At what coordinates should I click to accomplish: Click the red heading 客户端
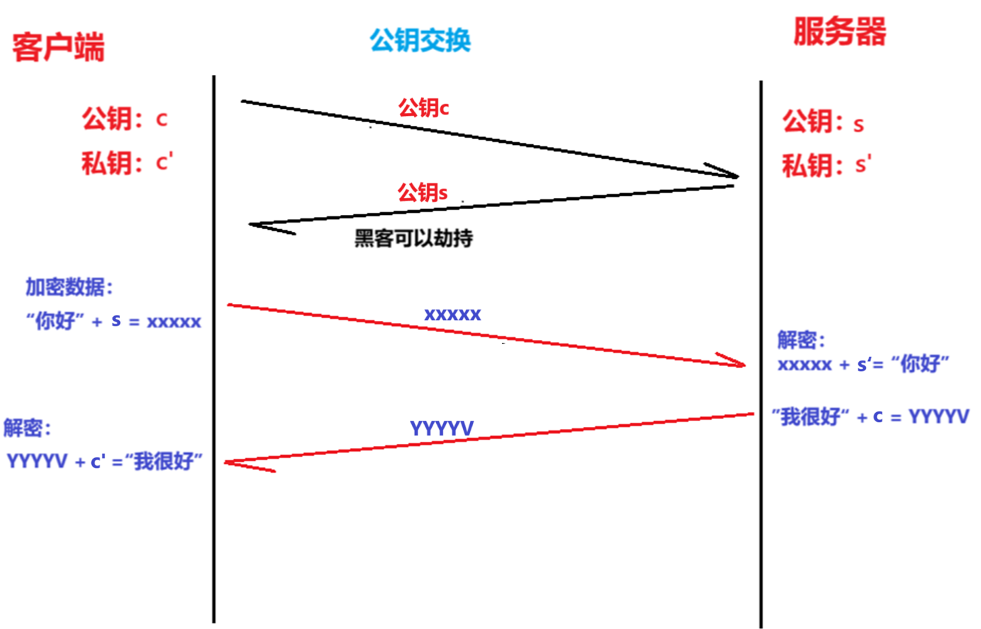pyautogui.click(x=59, y=47)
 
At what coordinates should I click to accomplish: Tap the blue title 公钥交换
pyautogui.click(x=421, y=40)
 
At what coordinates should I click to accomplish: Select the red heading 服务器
pyautogui.click(x=839, y=32)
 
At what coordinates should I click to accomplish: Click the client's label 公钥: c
pyautogui.click(x=125, y=119)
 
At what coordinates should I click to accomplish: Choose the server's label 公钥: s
pyautogui.click(x=823, y=123)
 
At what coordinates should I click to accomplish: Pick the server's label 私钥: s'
pyautogui.click(x=826, y=166)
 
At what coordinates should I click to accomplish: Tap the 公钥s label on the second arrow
pyautogui.click(x=423, y=192)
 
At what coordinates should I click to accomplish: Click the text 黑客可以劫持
pyautogui.click(x=413, y=239)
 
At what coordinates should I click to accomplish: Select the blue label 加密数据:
pyautogui.click(x=69, y=287)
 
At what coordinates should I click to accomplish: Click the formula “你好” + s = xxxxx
pyautogui.click(x=114, y=322)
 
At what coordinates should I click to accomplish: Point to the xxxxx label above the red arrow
pyautogui.click(x=452, y=314)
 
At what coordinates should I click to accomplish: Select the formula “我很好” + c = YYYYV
pyautogui.click(x=871, y=417)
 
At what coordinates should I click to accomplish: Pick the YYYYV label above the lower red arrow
pyautogui.click(x=442, y=428)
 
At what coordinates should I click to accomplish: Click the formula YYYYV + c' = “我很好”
pyautogui.click(x=105, y=462)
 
